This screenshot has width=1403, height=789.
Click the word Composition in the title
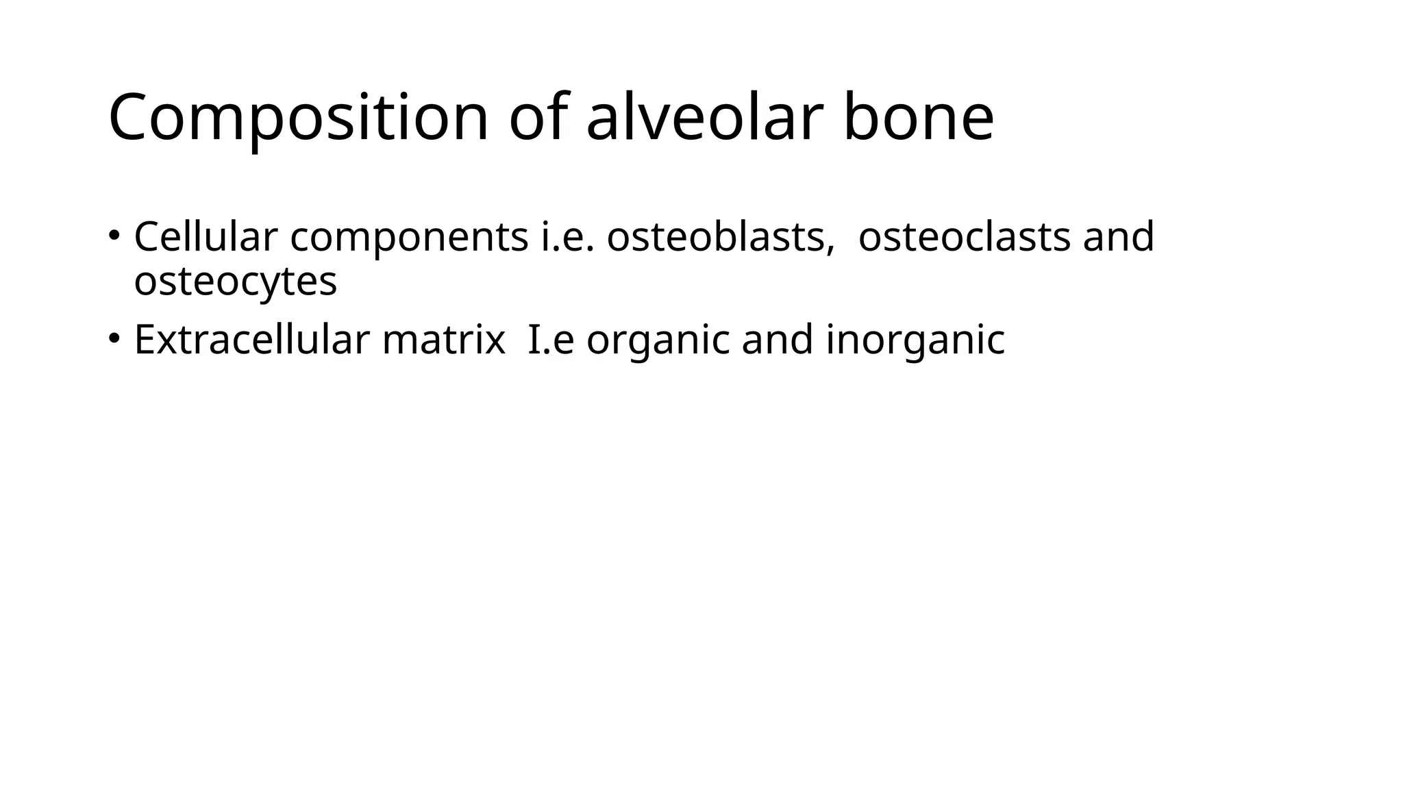pos(299,118)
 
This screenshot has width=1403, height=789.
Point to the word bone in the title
pos(918,117)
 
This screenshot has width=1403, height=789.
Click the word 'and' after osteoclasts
pos(1118,237)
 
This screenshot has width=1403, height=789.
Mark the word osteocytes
pos(236,281)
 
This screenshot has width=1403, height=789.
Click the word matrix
pos(443,340)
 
